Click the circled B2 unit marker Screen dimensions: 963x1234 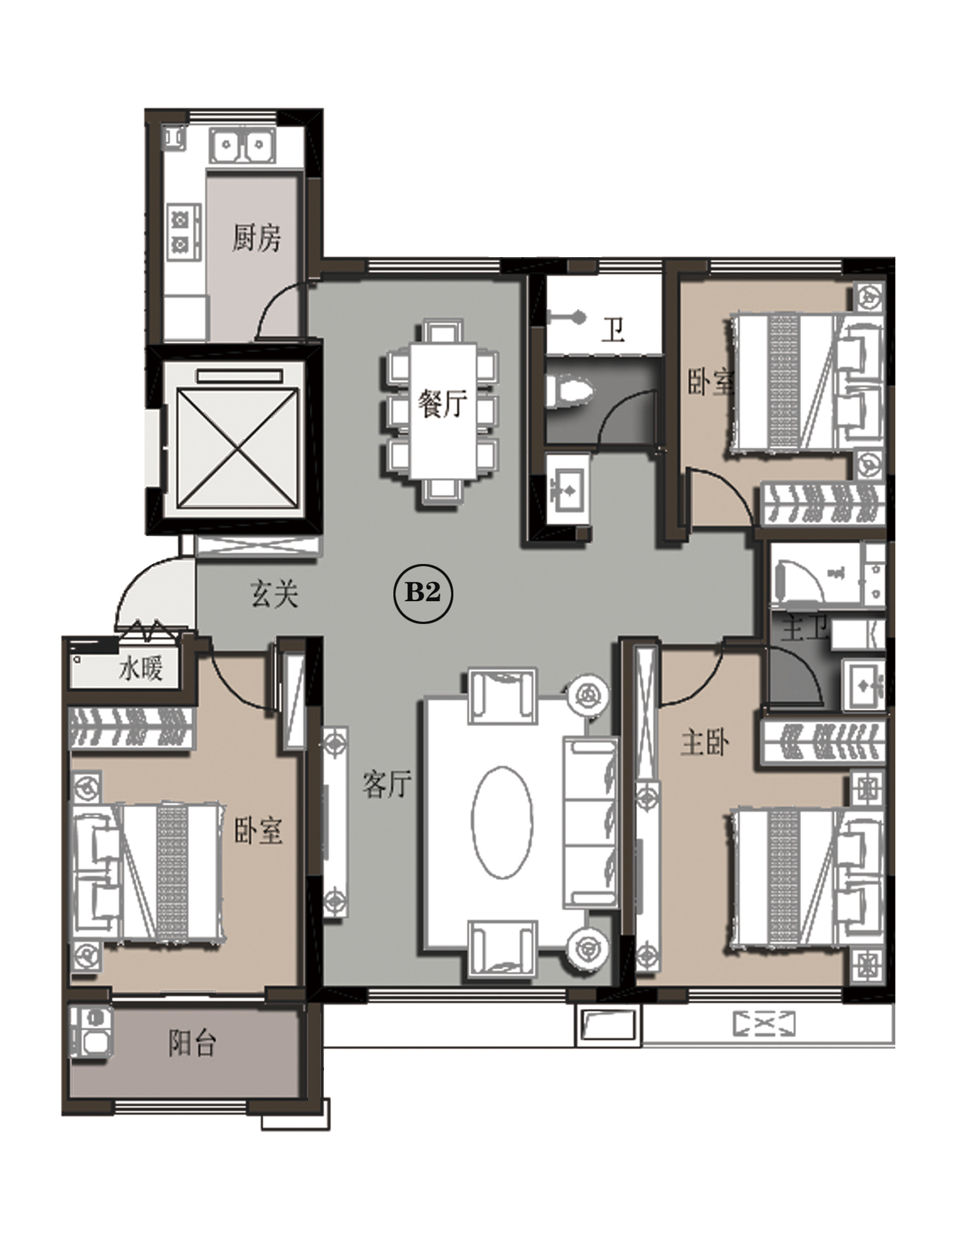[x=423, y=593]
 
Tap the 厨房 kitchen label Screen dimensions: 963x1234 [x=256, y=238]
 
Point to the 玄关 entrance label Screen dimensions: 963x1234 [x=274, y=594]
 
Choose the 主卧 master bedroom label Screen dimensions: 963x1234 [x=705, y=743]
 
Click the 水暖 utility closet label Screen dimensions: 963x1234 [x=141, y=669]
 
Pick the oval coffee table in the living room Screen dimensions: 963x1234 [x=502, y=822]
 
